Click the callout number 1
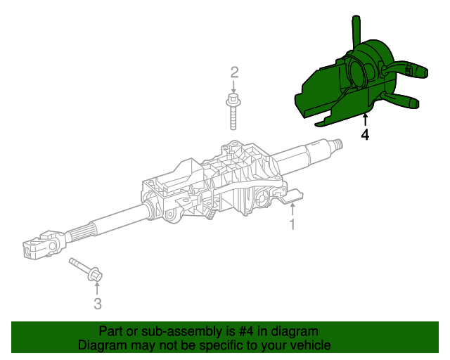292,225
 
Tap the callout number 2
235,72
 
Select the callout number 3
98,304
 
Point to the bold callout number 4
365,134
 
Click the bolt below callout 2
233,112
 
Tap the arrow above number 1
292,209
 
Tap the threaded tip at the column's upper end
338,146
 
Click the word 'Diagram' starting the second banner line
103,345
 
